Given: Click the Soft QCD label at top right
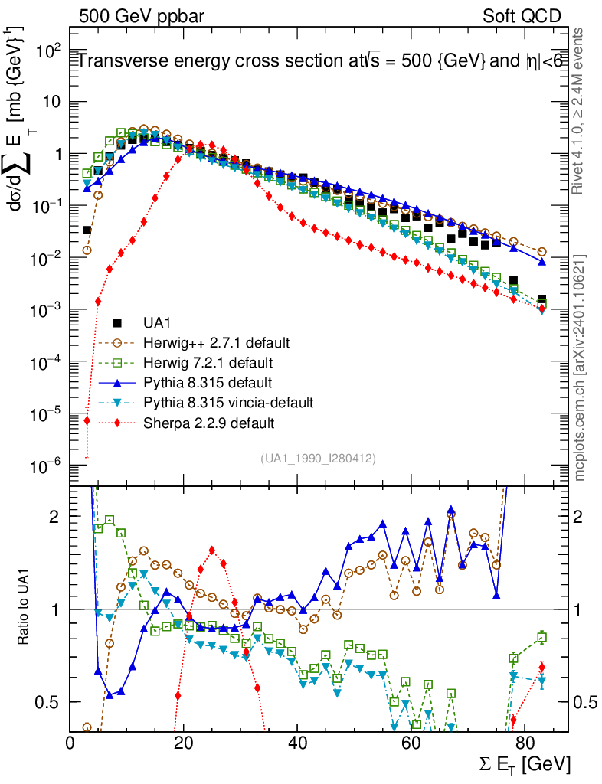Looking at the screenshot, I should point(522,16).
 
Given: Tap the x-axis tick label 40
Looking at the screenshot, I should point(297,743).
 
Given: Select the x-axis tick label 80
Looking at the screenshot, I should point(524,743).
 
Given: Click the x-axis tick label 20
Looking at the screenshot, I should point(184,743).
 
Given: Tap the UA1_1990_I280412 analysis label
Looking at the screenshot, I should point(318,458).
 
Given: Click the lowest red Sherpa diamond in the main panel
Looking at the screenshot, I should point(87,420).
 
